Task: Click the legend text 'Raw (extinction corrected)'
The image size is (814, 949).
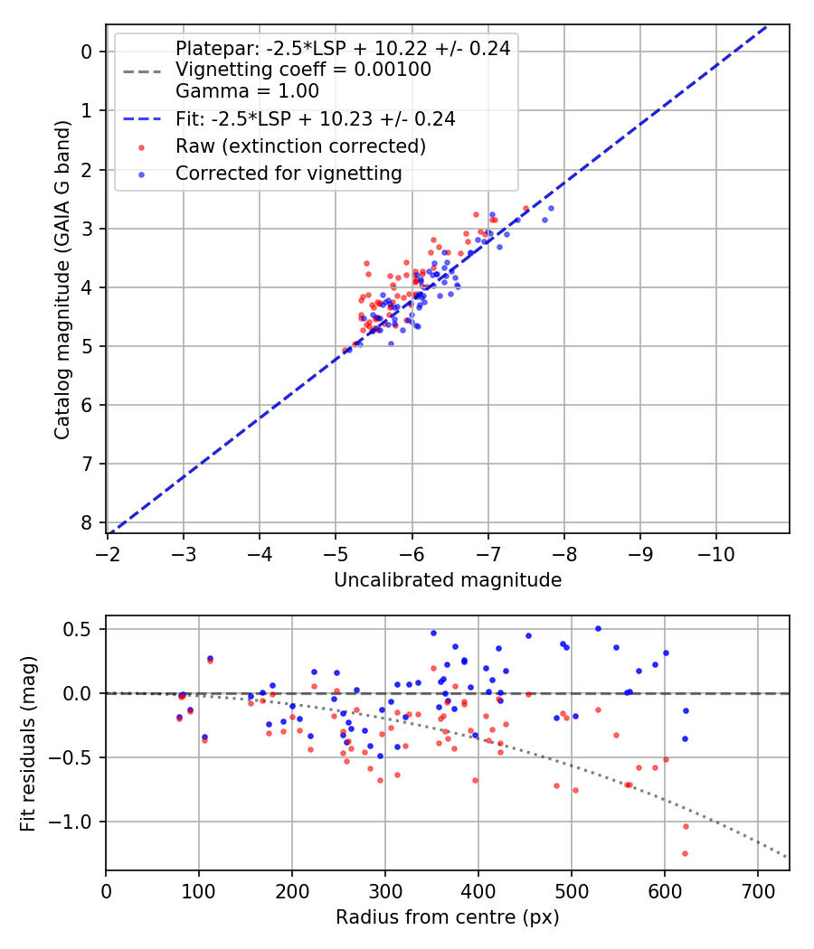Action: pos(300,146)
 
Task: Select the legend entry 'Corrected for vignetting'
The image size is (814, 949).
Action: pos(289,173)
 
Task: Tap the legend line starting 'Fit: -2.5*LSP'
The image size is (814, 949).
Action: pos(315,118)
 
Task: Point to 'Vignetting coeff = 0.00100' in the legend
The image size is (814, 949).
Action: pos(303,70)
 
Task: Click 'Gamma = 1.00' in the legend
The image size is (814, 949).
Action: pos(247,90)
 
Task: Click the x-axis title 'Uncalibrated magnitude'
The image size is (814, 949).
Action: pos(448,580)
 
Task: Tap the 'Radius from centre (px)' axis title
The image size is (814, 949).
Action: pos(448,917)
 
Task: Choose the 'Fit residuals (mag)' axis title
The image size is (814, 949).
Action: pos(28,743)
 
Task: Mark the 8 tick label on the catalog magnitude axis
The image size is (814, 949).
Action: pos(87,523)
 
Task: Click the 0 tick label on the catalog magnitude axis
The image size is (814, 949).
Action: pos(87,52)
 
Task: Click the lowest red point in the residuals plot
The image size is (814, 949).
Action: pos(685,853)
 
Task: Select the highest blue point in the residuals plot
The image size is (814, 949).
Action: pos(598,628)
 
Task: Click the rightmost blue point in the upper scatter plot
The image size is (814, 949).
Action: pos(551,208)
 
